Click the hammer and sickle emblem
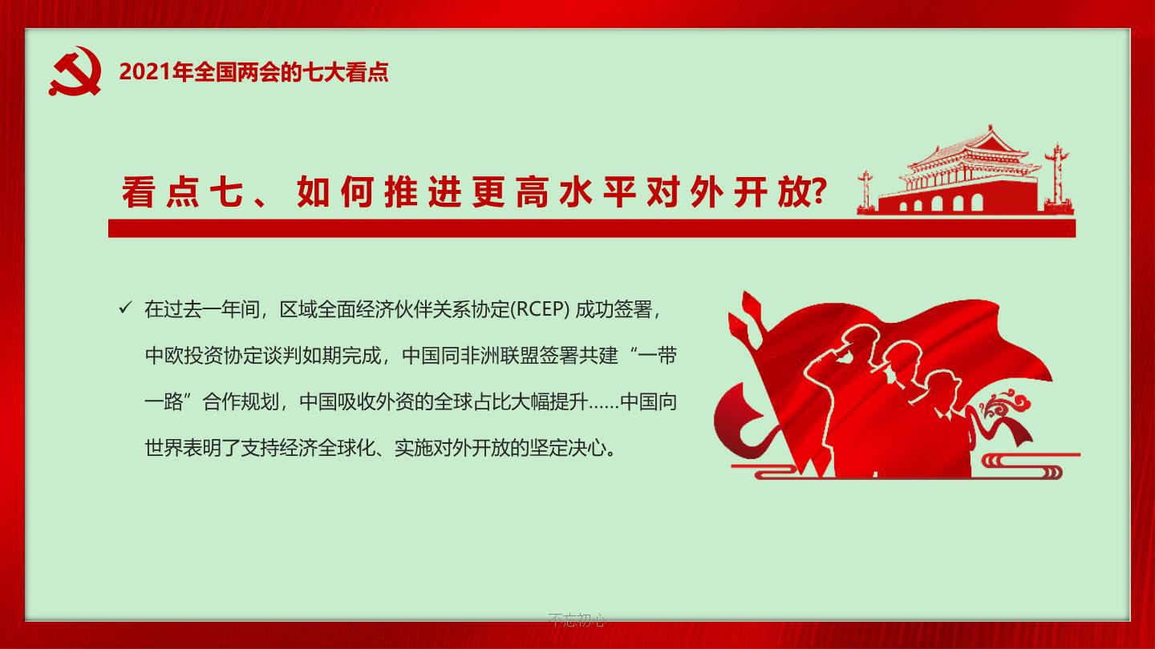pos(75,71)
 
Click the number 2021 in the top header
pos(145,72)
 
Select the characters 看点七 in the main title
pos(182,191)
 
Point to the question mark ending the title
pos(819,191)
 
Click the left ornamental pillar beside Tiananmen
pos(865,191)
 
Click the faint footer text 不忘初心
pos(577,619)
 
